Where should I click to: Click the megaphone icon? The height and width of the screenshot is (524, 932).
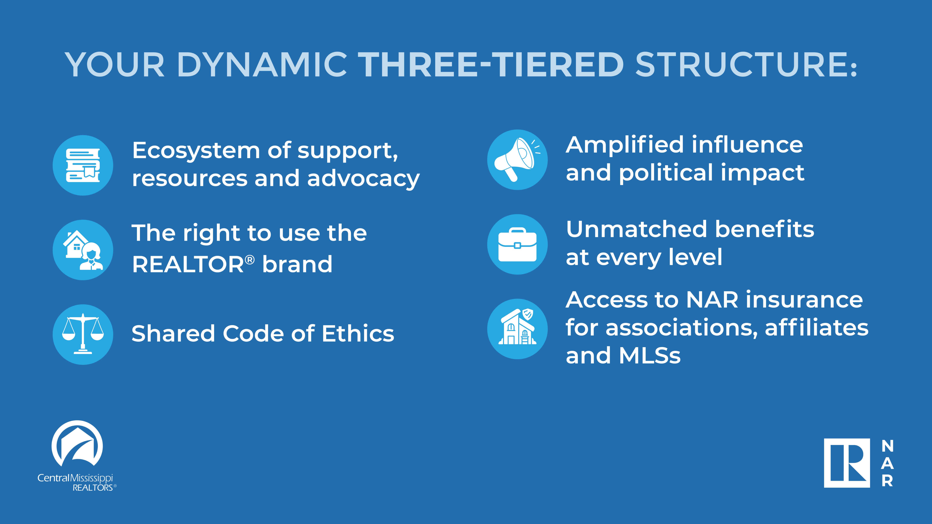(x=517, y=160)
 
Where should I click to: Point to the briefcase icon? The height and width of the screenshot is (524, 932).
(x=517, y=245)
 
